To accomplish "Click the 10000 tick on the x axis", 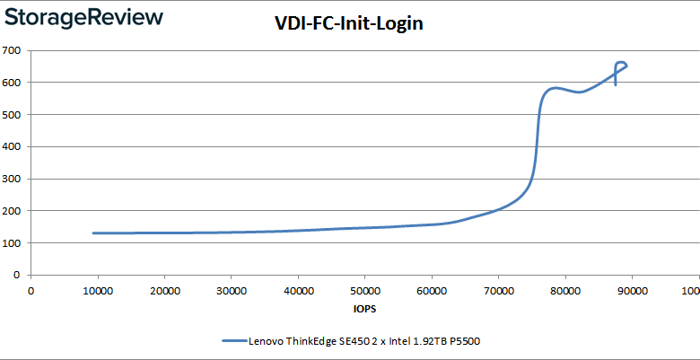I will click(98, 290).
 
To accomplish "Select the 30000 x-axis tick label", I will click(232, 290).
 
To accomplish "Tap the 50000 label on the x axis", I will click(364, 290).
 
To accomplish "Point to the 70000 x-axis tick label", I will click(498, 290).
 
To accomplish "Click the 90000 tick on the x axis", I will click(632, 290).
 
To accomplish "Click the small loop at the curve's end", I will click(620, 65).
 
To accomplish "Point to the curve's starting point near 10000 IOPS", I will click(93, 233).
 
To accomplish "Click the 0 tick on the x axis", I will click(31, 290).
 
